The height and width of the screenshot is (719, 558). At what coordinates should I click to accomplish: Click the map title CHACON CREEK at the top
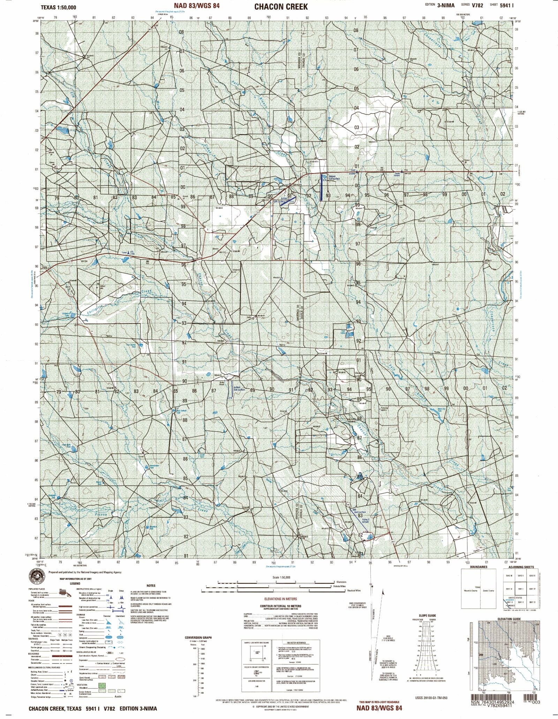tap(281, 7)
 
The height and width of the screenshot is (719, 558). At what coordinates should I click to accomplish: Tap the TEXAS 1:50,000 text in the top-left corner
tap(58, 7)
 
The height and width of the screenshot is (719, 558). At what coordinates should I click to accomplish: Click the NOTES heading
tap(151, 586)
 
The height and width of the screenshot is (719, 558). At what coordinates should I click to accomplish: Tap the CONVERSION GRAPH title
tap(198, 637)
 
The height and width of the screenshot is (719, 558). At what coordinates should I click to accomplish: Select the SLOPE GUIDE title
tap(428, 616)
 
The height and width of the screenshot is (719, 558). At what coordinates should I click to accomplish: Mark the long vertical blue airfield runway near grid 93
tap(321, 187)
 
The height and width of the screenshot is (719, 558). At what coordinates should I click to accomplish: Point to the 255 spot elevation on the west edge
tap(45, 268)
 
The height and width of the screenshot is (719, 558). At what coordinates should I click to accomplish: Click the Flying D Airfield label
tap(364, 520)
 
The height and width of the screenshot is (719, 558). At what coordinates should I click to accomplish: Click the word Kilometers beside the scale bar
tap(342, 582)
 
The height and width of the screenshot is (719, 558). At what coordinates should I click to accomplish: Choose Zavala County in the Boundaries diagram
tap(488, 590)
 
